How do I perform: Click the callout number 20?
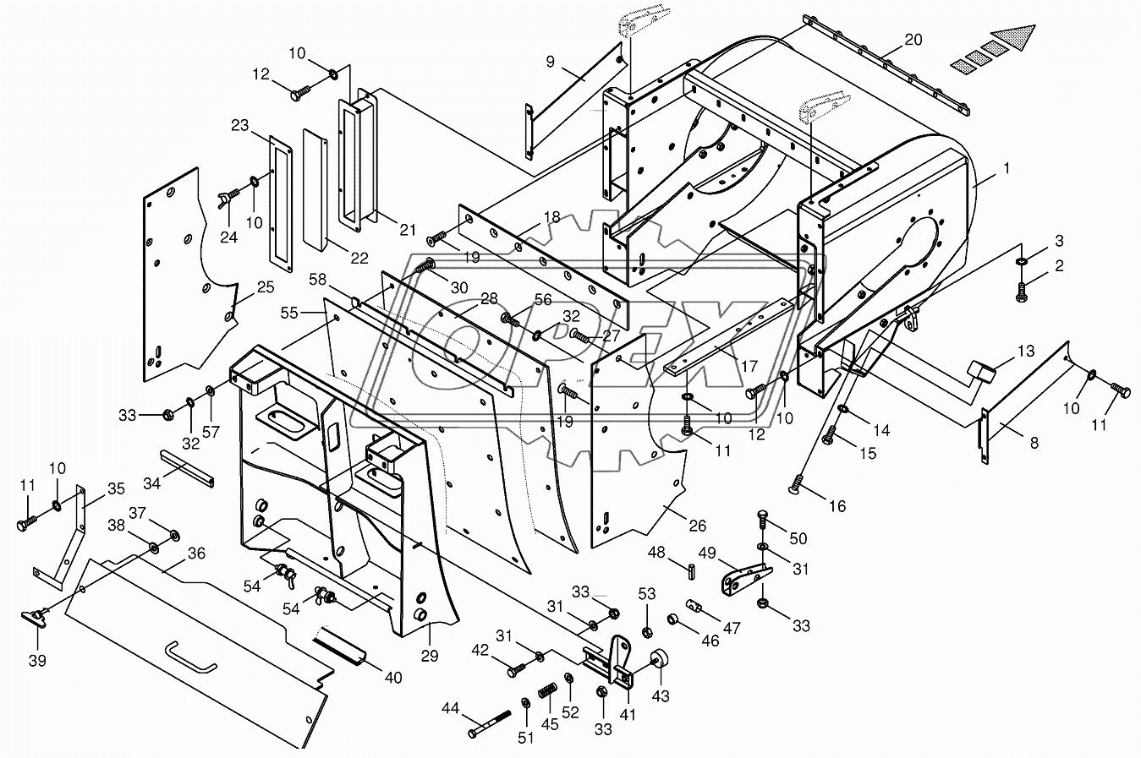(913, 39)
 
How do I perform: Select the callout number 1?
(1006, 168)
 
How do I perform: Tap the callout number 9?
(550, 62)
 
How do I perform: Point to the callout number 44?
(450, 708)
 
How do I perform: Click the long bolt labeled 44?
(490, 723)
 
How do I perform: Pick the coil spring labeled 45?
(548, 692)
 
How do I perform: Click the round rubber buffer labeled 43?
(660, 659)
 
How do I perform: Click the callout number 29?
(430, 657)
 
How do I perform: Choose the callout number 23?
(240, 125)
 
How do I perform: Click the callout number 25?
(266, 287)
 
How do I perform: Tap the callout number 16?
(837, 506)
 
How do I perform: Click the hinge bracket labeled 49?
(747, 579)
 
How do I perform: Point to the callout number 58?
(317, 280)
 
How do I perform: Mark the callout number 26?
(697, 526)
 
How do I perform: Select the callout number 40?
(392, 678)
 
